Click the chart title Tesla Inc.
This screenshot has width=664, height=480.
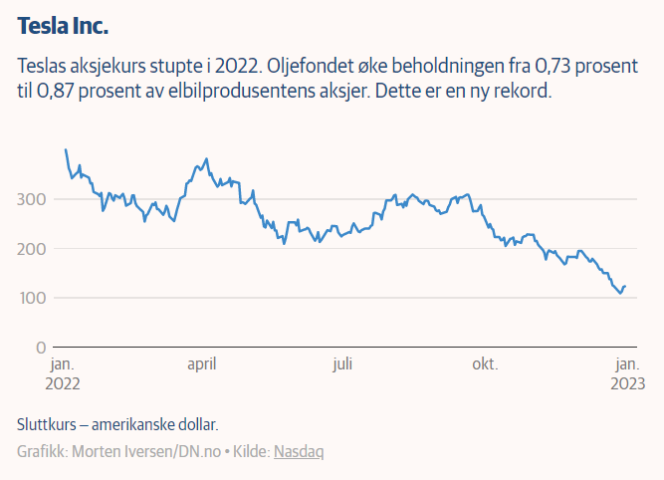(x=64, y=24)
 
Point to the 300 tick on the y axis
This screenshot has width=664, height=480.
(x=32, y=199)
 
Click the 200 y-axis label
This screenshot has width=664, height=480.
(x=32, y=248)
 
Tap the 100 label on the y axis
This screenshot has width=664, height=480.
(x=32, y=298)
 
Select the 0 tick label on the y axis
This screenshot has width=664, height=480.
(x=40, y=347)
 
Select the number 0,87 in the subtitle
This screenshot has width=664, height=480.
(x=59, y=92)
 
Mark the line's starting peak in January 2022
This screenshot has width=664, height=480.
(x=66, y=150)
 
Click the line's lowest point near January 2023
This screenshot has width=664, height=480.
(x=620, y=294)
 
